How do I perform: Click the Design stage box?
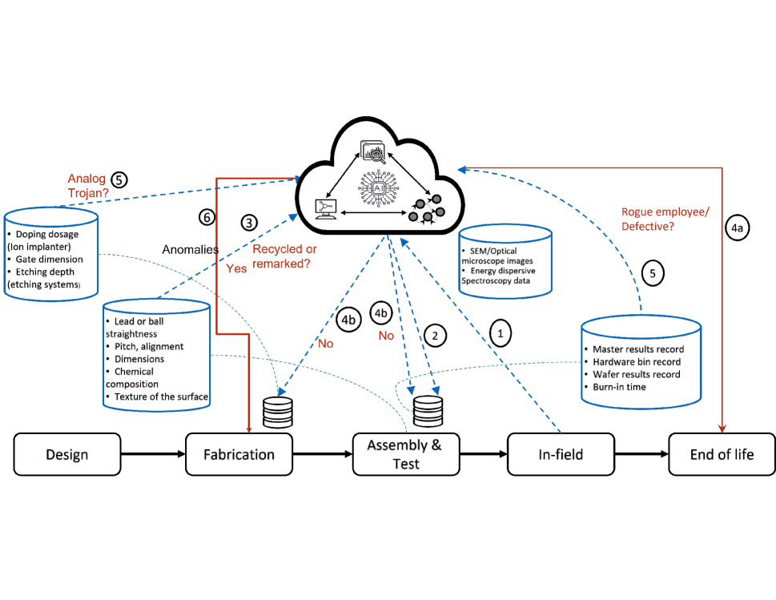[66, 454]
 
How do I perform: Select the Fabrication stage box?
[239, 454]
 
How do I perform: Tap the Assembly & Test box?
[404, 454]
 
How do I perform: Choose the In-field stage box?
[561, 454]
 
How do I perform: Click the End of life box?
[722, 454]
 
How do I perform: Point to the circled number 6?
[206, 217]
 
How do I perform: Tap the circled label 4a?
[737, 228]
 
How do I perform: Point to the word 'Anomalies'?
[191, 249]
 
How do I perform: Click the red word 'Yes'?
[236, 269]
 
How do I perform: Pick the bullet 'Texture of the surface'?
[161, 396]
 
